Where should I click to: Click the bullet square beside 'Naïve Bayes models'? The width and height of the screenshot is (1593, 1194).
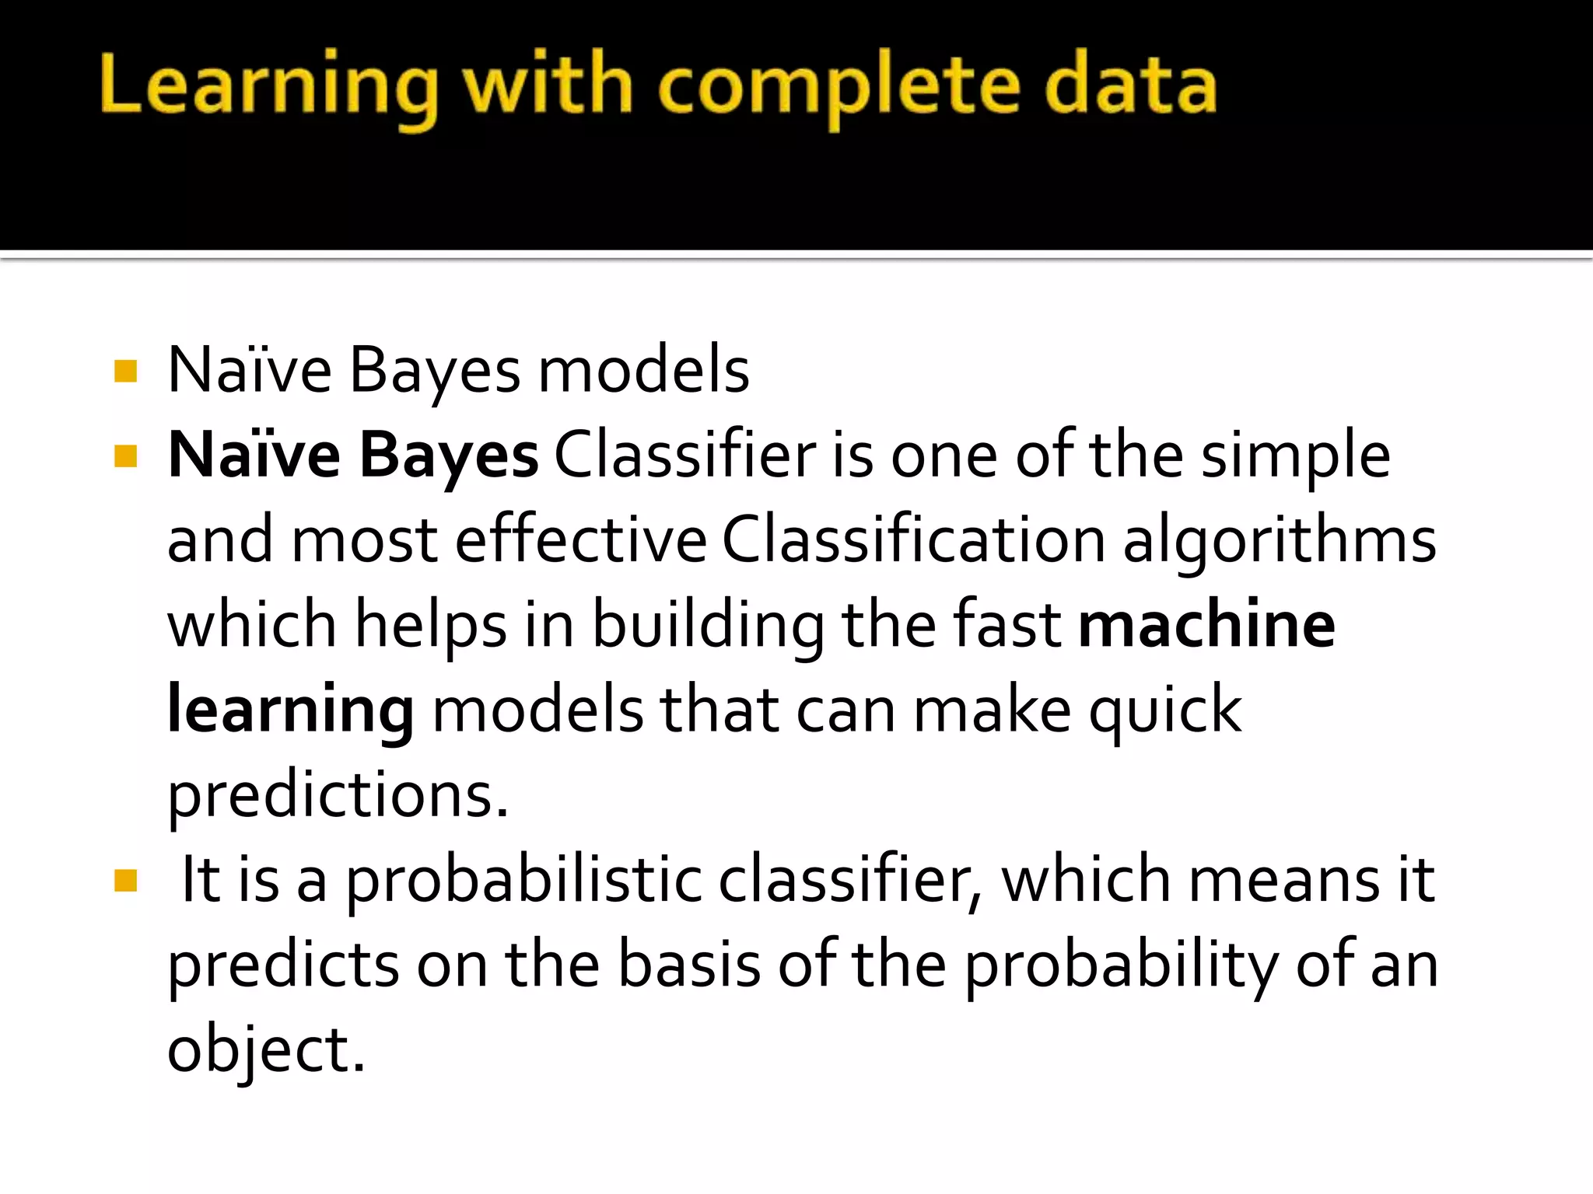125,371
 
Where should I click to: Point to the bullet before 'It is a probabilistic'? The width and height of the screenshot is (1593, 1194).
125,881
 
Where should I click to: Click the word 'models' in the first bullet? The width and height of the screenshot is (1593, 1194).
644,371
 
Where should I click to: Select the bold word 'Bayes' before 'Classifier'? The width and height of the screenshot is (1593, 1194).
449,456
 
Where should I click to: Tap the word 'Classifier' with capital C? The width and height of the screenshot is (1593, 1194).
685,456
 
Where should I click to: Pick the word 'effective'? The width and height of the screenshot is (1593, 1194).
581,540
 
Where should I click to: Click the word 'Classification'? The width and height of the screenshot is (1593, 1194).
914,540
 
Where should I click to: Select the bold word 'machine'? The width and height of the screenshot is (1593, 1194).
1207,625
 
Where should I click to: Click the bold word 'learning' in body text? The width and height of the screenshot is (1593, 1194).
291,710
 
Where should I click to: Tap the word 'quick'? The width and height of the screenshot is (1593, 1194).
1164,710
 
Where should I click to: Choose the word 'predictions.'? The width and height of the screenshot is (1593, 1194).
338,796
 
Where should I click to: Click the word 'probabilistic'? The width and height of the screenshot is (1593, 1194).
523,881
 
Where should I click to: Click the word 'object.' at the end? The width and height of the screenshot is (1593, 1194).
266,1051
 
